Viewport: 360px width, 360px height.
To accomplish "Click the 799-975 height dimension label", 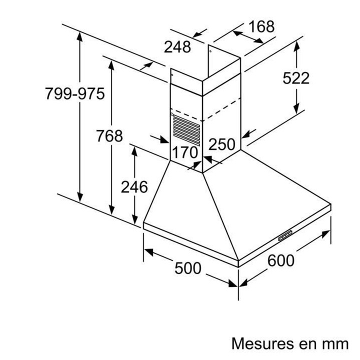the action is [x=75, y=93].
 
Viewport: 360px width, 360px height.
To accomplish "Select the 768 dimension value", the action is [x=109, y=136].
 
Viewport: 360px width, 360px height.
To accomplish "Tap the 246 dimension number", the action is [x=134, y=187].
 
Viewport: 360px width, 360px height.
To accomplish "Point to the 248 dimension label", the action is [x=177, y=47].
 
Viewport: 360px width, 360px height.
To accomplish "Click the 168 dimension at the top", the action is [x=261, y=26].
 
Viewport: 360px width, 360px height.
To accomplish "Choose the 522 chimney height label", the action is [x=296, y=78].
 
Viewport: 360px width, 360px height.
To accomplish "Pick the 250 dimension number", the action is [x=222, y=144].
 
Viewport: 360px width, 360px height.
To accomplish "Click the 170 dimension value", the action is [x=185, y=152].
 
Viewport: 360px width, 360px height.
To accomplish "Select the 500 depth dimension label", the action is [x=188, y=268].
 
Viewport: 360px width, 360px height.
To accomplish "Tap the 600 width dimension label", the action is [x=281, y=260].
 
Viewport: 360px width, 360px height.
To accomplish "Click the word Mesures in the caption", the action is [x=263, y=343].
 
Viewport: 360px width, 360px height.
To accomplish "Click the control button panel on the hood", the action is [x=285, y=235].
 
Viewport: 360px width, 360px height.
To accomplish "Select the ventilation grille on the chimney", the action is [x=186, y=130].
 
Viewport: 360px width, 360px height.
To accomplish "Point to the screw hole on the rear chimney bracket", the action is [x=210, y=51].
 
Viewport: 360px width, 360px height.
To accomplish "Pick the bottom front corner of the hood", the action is [x=238, y=267].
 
